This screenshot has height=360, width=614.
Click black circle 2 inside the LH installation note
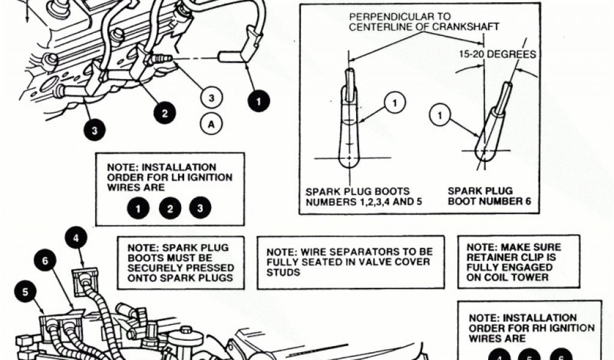170,209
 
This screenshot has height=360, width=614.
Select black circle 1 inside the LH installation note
139,209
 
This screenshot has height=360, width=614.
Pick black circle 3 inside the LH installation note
200,209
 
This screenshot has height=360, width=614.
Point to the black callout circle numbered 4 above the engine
76,238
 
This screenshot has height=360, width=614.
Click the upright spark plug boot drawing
350,123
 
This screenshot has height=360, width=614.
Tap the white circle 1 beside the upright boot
395,104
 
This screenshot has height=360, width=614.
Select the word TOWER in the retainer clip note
532,277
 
